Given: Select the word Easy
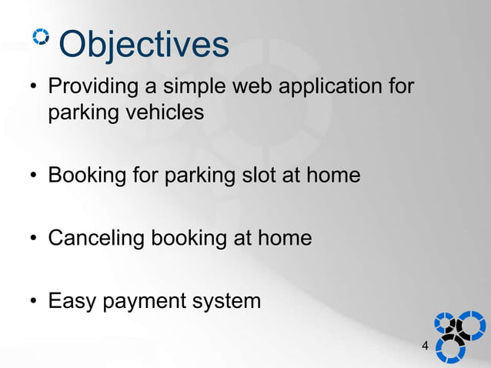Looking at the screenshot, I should click(x=72, y=301).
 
